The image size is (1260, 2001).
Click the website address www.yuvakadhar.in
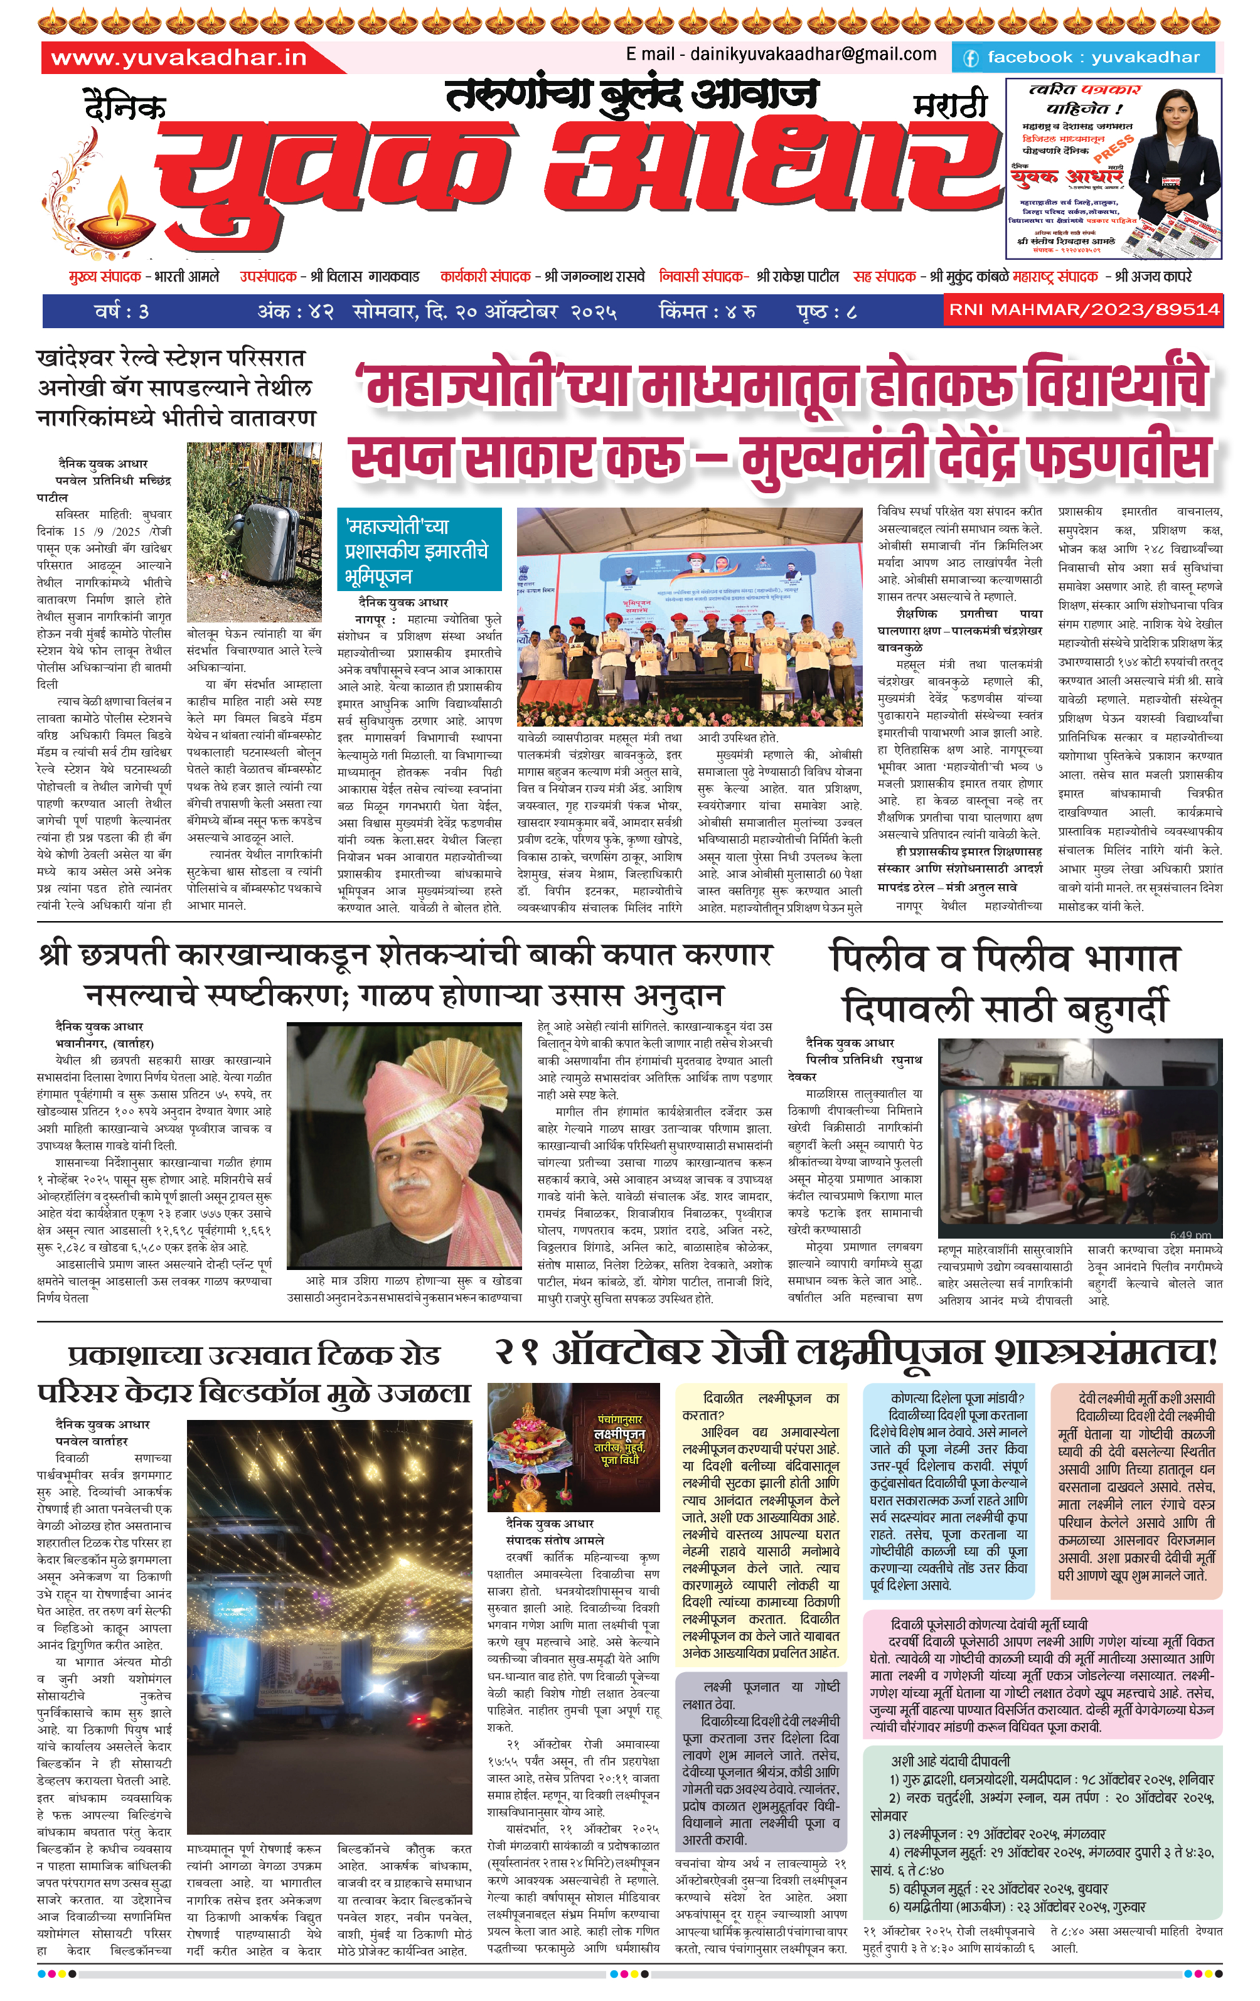(x=179, y=57)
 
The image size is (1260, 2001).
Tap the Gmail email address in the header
(x=781, y=54)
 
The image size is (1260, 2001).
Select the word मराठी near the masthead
(x=951, y=105)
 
